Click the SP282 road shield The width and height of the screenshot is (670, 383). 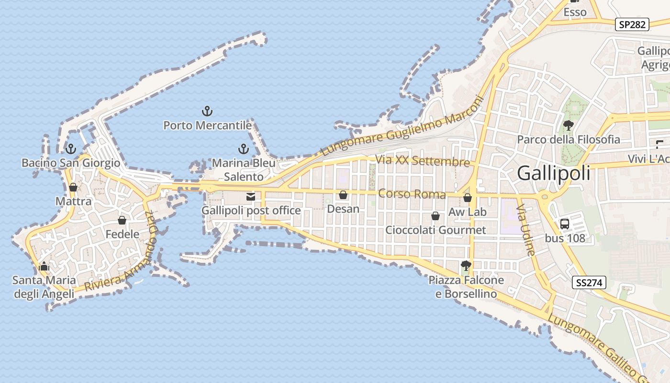point(632,24)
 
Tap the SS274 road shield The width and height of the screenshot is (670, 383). point(589,282)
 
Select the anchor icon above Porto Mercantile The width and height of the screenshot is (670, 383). point(207,112)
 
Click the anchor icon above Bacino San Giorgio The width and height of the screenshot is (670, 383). point(71,149)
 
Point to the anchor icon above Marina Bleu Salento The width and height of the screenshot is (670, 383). point(244,149)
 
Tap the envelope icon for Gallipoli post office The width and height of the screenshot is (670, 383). point(250,196)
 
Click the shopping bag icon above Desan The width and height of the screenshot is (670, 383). point(343,195)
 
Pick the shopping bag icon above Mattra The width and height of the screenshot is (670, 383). point(73,187)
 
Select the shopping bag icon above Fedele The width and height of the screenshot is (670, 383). point(122,220)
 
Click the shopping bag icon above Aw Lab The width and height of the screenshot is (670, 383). point(468,198)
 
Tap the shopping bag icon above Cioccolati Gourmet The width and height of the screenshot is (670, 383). point(435,216)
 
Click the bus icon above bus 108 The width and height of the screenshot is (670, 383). point(565,224)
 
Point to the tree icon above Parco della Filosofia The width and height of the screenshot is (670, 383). point(568,126)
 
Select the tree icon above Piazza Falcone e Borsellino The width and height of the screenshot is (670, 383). point(465,265)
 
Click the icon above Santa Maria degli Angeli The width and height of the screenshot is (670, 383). point(44,266)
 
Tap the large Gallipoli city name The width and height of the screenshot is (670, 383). point(554,173)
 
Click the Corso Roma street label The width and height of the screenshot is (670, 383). point(412,194)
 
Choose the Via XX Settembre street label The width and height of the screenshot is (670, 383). point(423,161)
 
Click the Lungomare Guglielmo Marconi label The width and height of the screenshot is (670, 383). point(403,126)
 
